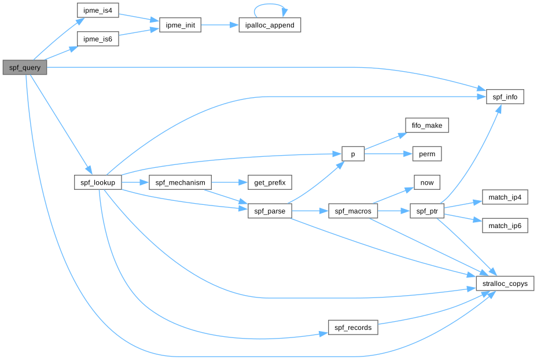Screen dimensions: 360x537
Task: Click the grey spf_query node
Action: coord(24,67)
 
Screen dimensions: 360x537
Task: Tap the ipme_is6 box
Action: coord(98,39)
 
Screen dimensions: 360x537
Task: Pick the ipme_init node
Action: coord(180,25)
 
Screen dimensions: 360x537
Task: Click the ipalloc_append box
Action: coord(270,25)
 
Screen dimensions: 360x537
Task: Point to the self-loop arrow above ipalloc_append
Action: coord(270,5)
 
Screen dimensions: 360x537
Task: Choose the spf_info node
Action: coord(505,97)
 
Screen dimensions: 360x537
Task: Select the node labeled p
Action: coord(353,153)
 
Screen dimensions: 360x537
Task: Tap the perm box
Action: coord(427,153)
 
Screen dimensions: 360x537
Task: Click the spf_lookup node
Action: coord(98,182)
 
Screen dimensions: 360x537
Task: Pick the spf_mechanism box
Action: coord(180,182)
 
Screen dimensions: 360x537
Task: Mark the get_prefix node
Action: coord(270,182)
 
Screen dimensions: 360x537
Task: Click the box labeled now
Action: coord(427,182)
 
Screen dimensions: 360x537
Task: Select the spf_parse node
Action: coord(270,211)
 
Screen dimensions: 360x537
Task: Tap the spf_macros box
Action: coord(353,211)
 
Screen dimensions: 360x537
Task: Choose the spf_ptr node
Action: coord(427,211)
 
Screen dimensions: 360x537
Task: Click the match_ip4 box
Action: coord(505,197)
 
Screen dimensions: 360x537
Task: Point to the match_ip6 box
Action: coord(505,226)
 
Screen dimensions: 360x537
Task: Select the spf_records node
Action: coord(353,328)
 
